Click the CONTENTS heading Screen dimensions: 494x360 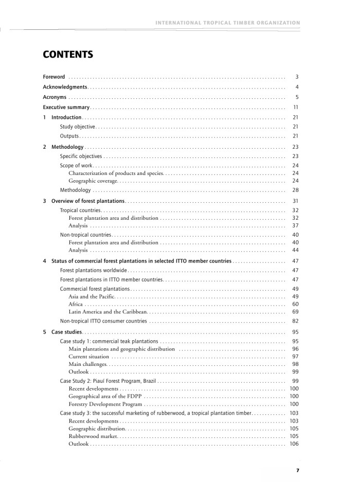click(x=68, y=54)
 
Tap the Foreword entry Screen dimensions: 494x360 click(x=54, y=77)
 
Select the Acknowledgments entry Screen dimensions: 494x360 click(x=65, y=87)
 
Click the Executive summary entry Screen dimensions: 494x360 click(x=66, y=108)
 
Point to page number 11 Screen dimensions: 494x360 click(x=296, y=108)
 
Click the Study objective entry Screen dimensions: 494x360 click(x=78, y=127)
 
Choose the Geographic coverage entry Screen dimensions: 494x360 click(x=93, y=181)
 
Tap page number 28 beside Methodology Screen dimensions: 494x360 click(x=295, y=190)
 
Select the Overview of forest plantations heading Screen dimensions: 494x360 click(x=88, y=201)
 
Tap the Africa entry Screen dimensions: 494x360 click(x=76, y=304)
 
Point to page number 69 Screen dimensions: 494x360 click(x=295, y=312)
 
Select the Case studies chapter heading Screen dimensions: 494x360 click(x=66, y=332)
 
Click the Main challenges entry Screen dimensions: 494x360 click(x=87, y=364)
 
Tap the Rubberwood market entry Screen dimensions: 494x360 click(x=93, y=436)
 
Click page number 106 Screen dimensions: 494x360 click(x=294, y=444)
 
